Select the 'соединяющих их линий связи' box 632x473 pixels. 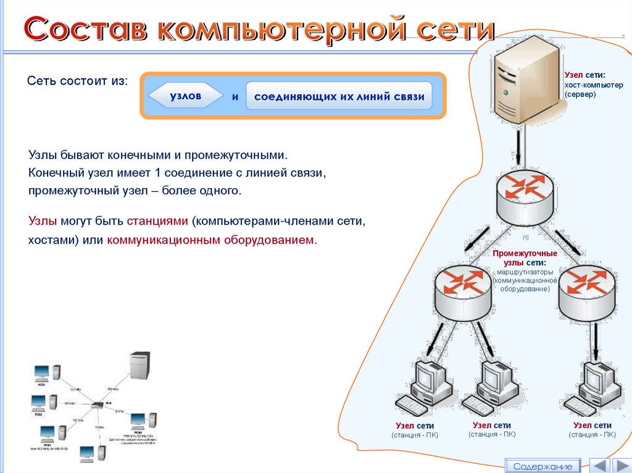pyautogui.click(x=339, y=97)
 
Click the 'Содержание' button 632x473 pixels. pyautogui.click(x=543, y=466)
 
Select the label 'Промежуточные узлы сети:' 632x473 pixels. pyautogui.click(x=525, y=258)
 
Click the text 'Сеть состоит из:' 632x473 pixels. pyautogui.click(x=78, y=82)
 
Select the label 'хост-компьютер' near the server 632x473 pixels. pyautogui.click(x=594, y=85)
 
